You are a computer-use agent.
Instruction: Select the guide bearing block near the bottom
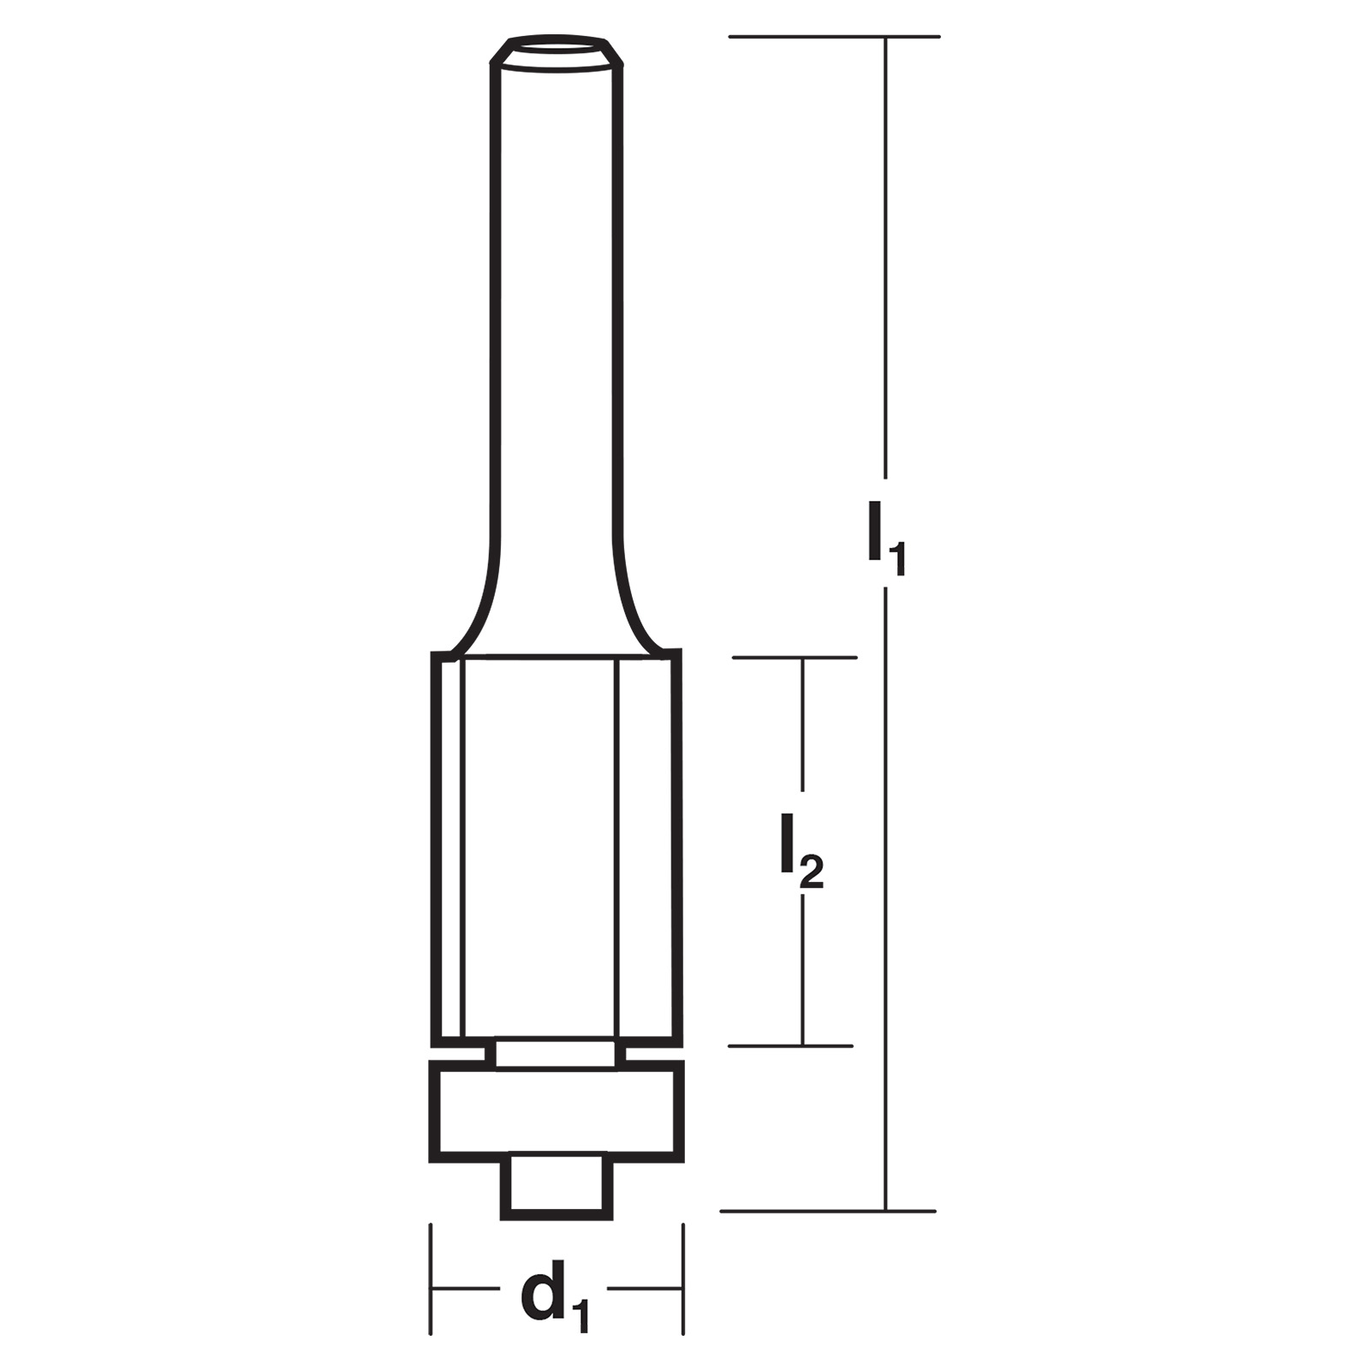557,1111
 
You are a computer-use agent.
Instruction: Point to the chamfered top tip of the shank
556,51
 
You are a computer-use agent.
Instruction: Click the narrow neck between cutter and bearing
556,1054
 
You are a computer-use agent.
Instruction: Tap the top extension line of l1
835,37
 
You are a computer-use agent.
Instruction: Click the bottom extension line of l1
828,1212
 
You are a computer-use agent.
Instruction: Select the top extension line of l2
794,658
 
